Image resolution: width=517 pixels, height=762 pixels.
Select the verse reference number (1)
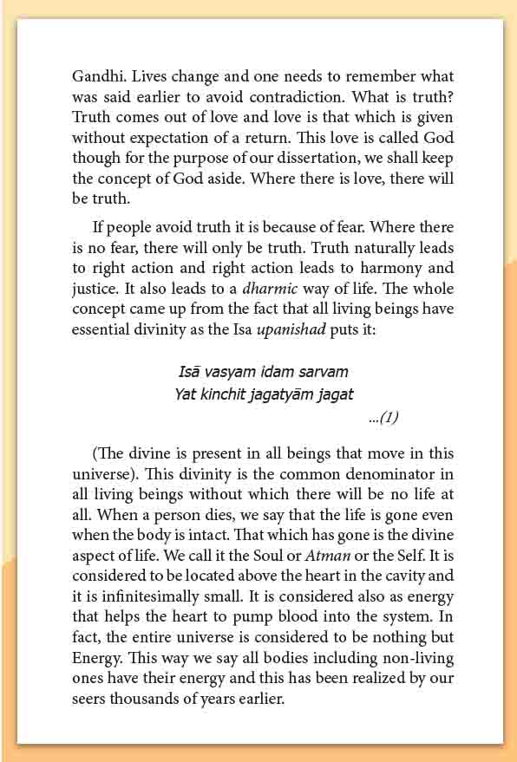point(383,418)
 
